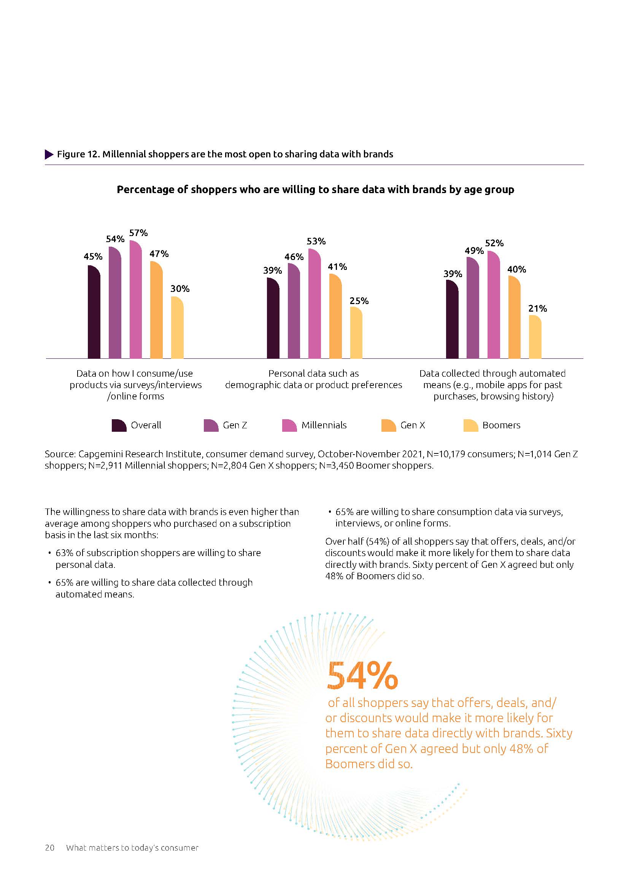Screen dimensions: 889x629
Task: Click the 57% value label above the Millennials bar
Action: click(x=138, y=233)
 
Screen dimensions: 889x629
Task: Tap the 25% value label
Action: click(x=359, y=301)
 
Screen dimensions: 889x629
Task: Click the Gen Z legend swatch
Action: click(x=211, y=425)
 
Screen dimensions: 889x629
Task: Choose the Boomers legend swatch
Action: click(x=470, y=425)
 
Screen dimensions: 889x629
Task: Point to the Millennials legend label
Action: click(x=324, y=425)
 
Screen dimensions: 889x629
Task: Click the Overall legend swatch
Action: click(x=119, y=425)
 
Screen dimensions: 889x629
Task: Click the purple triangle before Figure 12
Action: click(x=49, y=154)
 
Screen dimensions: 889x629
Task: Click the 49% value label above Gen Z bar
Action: click(x=474, y=251)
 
